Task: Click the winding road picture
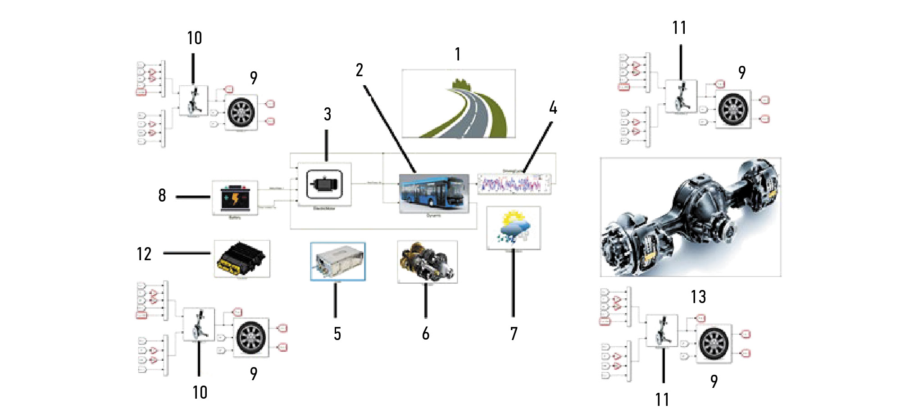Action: (x=458, y=104)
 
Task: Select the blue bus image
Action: (x=433, y=193)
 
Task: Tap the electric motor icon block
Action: (x=324, y=184)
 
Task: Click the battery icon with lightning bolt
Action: (x=235, y=198)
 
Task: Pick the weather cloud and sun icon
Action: (x=514, y=228)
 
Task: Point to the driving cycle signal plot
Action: (x=514, y=184)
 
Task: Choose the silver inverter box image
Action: (x=338, y=262)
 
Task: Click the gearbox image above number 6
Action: (x=427, y=262)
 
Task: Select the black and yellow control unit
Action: (x=242, y=259)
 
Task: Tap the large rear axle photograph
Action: (x=691, y=217)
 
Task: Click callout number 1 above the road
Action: (x=458, y=55)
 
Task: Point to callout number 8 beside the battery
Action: (x=162, y=196)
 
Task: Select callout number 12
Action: (x=144, y=254)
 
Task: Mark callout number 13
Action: (x=698, y=297)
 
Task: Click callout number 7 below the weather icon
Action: (x=514, y=334)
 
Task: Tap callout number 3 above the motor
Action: (x=328, y=115)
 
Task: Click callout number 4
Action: (x=553, y=108)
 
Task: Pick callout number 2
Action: (x=359, y=70)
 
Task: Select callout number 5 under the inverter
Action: (x=337, y=334)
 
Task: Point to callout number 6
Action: (x=426, y=334)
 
